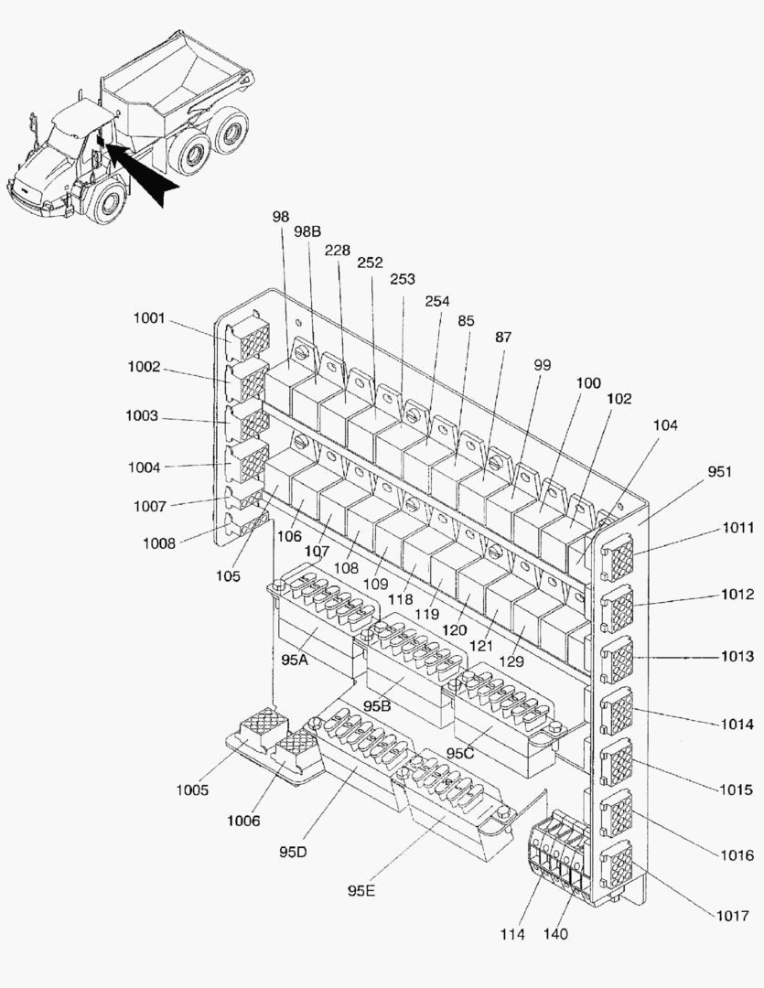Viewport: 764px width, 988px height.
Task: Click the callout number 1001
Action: [148, 318]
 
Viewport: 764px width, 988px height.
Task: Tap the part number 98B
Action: [307, 231]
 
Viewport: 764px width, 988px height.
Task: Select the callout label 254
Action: [437, 300]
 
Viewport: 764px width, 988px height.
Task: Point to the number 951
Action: [719, 471]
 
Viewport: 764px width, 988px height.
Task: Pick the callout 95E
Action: [360, 888]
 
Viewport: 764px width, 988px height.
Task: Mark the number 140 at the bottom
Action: [555, 934]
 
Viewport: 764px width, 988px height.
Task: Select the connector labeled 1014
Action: [619, 707]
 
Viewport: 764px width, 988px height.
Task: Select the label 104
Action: [665, 425]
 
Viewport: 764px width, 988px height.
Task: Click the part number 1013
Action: [737, 656]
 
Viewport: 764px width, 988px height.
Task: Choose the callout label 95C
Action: [459, 752]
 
